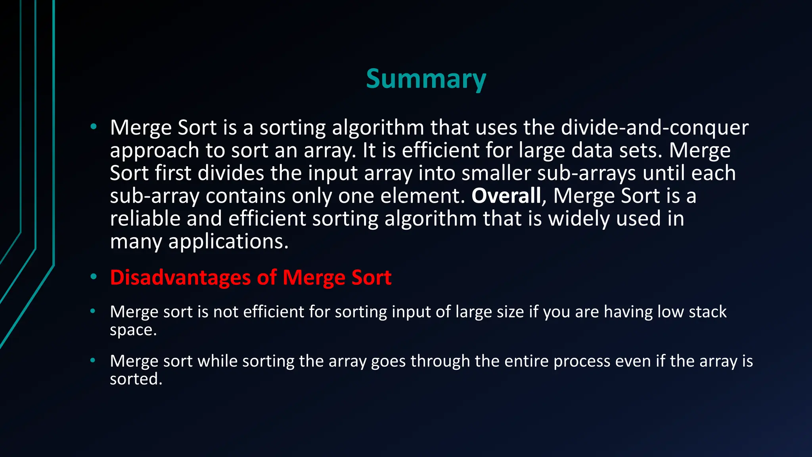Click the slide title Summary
[x=426, y=79]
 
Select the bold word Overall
[x=506, y=196]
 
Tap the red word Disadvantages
[x=180, y=277]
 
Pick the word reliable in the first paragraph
[x=145, y=219]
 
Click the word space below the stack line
[x=133, y=330]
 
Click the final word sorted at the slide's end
[x=136, y=379]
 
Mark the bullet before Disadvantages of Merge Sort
[x=93, y=277]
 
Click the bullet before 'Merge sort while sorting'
[x=93, y=361]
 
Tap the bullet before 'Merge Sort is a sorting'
[x=93, y=127]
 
